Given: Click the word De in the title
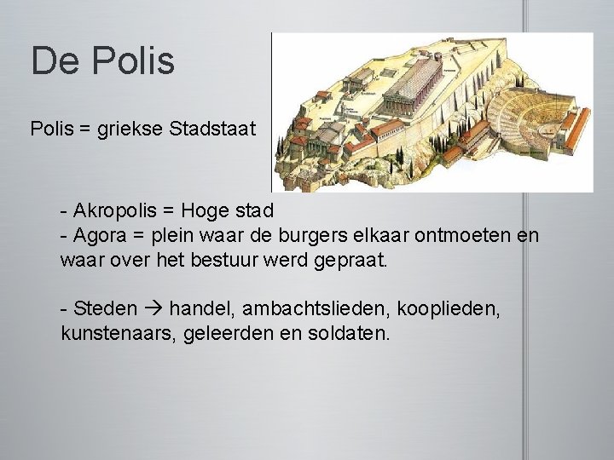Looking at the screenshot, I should pos(54,60).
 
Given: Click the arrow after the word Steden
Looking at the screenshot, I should pos(135,308).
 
